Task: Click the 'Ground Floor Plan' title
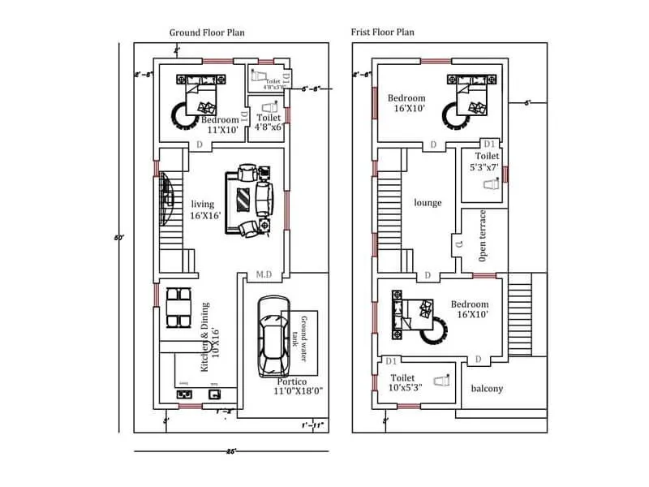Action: tap(207, 32)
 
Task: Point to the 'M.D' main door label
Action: tap(264, 275)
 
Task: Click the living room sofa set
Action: tap(251, 200)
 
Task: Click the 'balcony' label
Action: tap(487, 388)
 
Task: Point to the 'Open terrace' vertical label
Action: tap(483, 235)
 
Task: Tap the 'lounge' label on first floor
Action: tap(428, 202)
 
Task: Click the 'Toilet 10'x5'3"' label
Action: tap(403, 383)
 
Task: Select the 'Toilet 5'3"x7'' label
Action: tap(487, 161)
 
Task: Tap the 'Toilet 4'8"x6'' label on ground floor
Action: tap(268, 122)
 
